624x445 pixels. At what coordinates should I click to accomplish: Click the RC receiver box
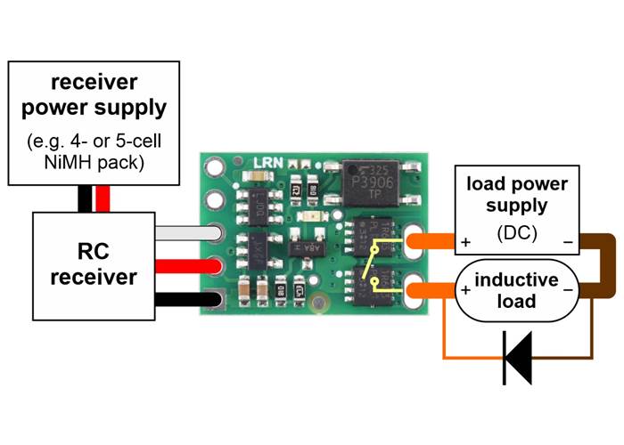94,264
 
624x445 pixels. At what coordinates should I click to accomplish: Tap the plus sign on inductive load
465,289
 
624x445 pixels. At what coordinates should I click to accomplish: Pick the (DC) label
516,234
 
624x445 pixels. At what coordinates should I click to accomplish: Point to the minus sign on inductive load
568,289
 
